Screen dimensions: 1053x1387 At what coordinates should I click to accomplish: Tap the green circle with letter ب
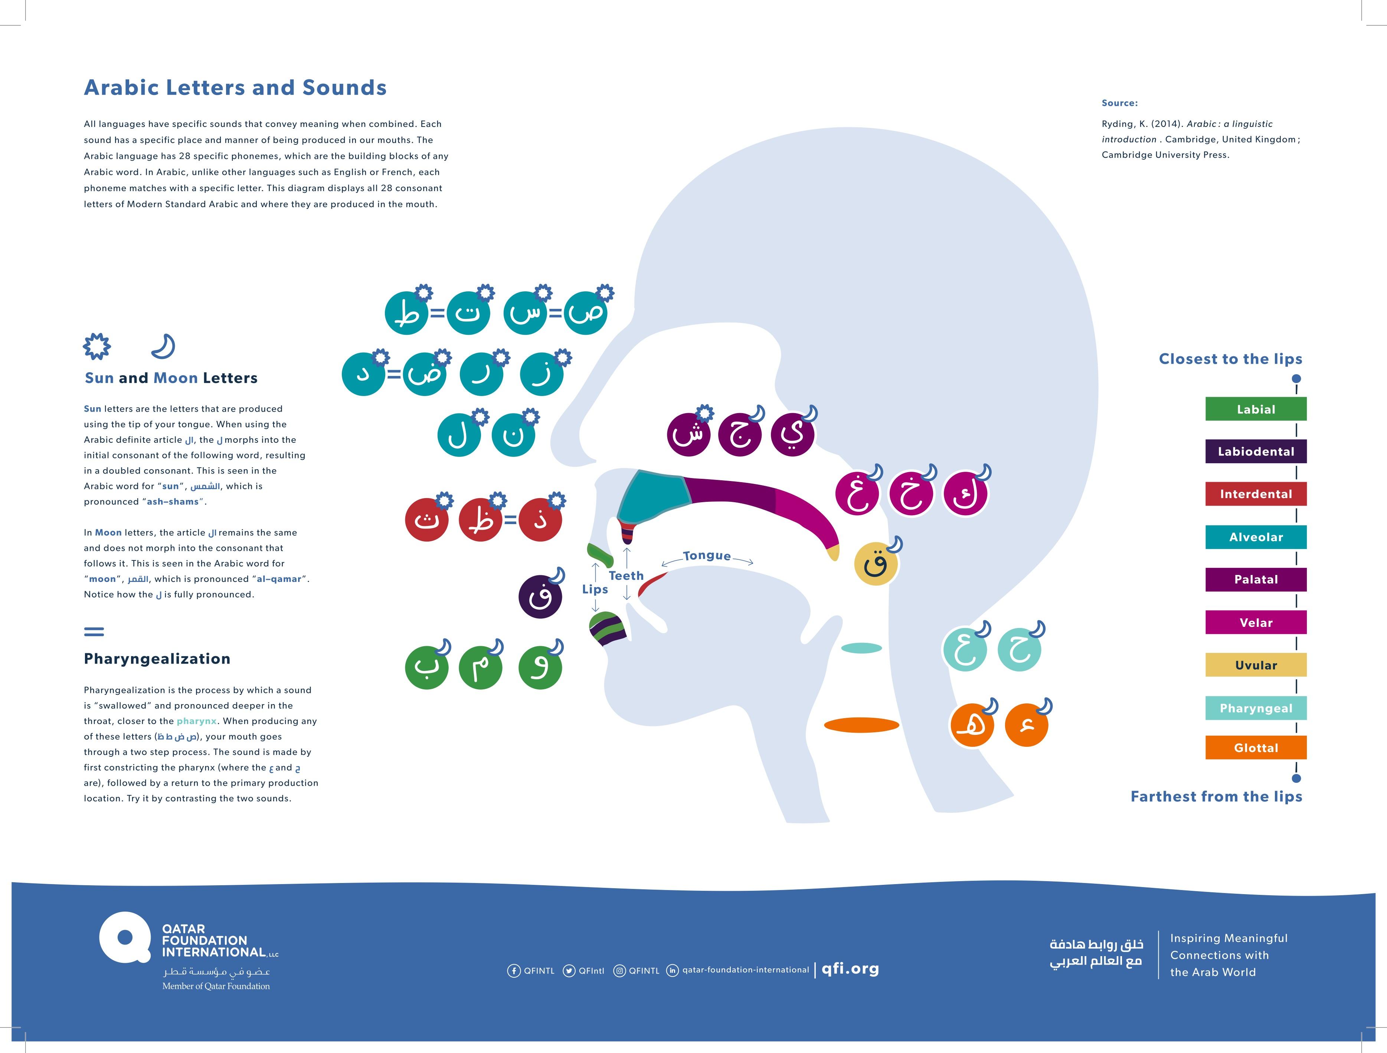[427, 668]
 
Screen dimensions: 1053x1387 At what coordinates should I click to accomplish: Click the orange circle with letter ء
[1026, 725]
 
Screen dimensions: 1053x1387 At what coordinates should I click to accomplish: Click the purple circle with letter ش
[688, 434]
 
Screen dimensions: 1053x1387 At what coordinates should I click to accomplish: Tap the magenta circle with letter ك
[965, 494]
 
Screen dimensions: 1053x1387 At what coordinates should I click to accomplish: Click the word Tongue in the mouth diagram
[707, 556]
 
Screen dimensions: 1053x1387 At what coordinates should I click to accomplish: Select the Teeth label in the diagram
[626, 576]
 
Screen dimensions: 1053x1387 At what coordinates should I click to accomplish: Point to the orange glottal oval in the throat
[861, 725]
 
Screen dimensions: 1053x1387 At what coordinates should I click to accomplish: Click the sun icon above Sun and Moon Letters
[97, 346]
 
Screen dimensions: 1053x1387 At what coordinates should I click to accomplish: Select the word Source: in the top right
[1119, 103]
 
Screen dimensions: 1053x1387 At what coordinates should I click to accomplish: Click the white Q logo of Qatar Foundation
[125, 937]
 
